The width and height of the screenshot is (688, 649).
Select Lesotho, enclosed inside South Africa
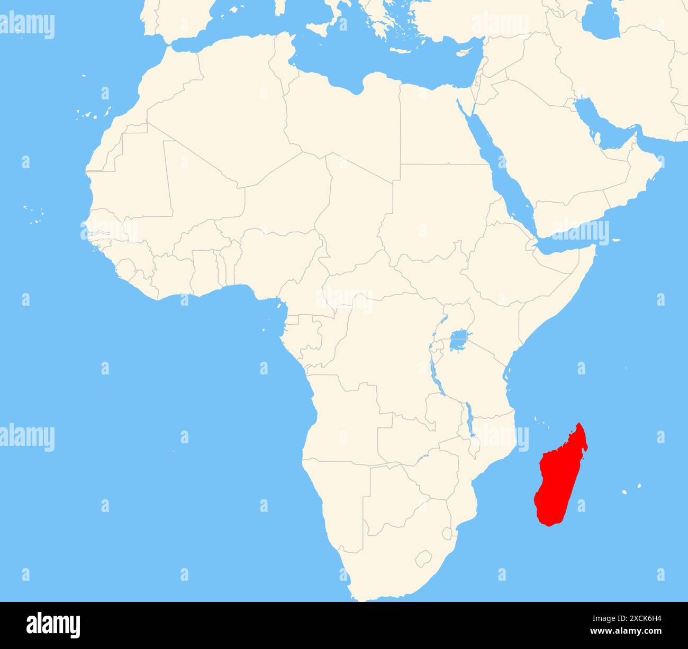point(423,557)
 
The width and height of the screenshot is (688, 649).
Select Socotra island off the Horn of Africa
point(616,241)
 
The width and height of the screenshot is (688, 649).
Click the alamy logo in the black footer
point(53,625)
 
